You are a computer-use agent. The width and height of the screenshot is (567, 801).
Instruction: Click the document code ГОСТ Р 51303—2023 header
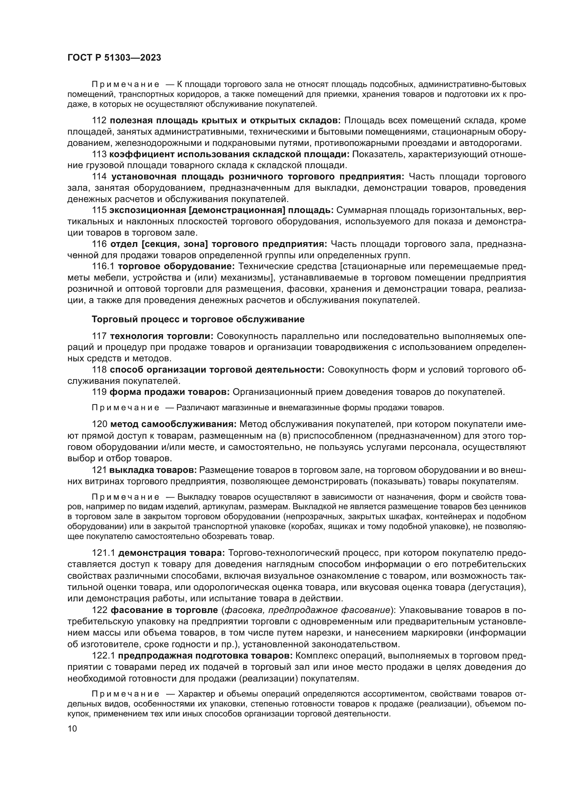click(114, 58)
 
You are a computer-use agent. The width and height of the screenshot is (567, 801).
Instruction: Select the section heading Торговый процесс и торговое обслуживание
click(198, 319)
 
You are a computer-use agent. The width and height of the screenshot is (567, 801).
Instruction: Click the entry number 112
click(99, 121)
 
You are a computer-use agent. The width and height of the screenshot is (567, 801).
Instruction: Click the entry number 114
click(99, 177)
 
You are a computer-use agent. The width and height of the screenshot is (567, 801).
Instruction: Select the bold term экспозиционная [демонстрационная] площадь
click(221, 210)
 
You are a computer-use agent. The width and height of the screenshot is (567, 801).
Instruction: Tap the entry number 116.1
click(103, 266)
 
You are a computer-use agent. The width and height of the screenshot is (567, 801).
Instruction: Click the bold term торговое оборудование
click(177, 266)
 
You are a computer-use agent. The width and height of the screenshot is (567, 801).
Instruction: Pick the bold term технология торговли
click(162, 336)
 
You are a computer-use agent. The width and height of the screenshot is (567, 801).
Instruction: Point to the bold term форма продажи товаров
click(170, 392)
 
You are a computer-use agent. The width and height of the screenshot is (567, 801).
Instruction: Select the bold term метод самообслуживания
click(173, 424)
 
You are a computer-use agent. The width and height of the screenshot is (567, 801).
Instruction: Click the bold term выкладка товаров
click(153, 470)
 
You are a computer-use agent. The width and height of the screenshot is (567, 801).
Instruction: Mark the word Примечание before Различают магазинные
click(125, 408)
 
